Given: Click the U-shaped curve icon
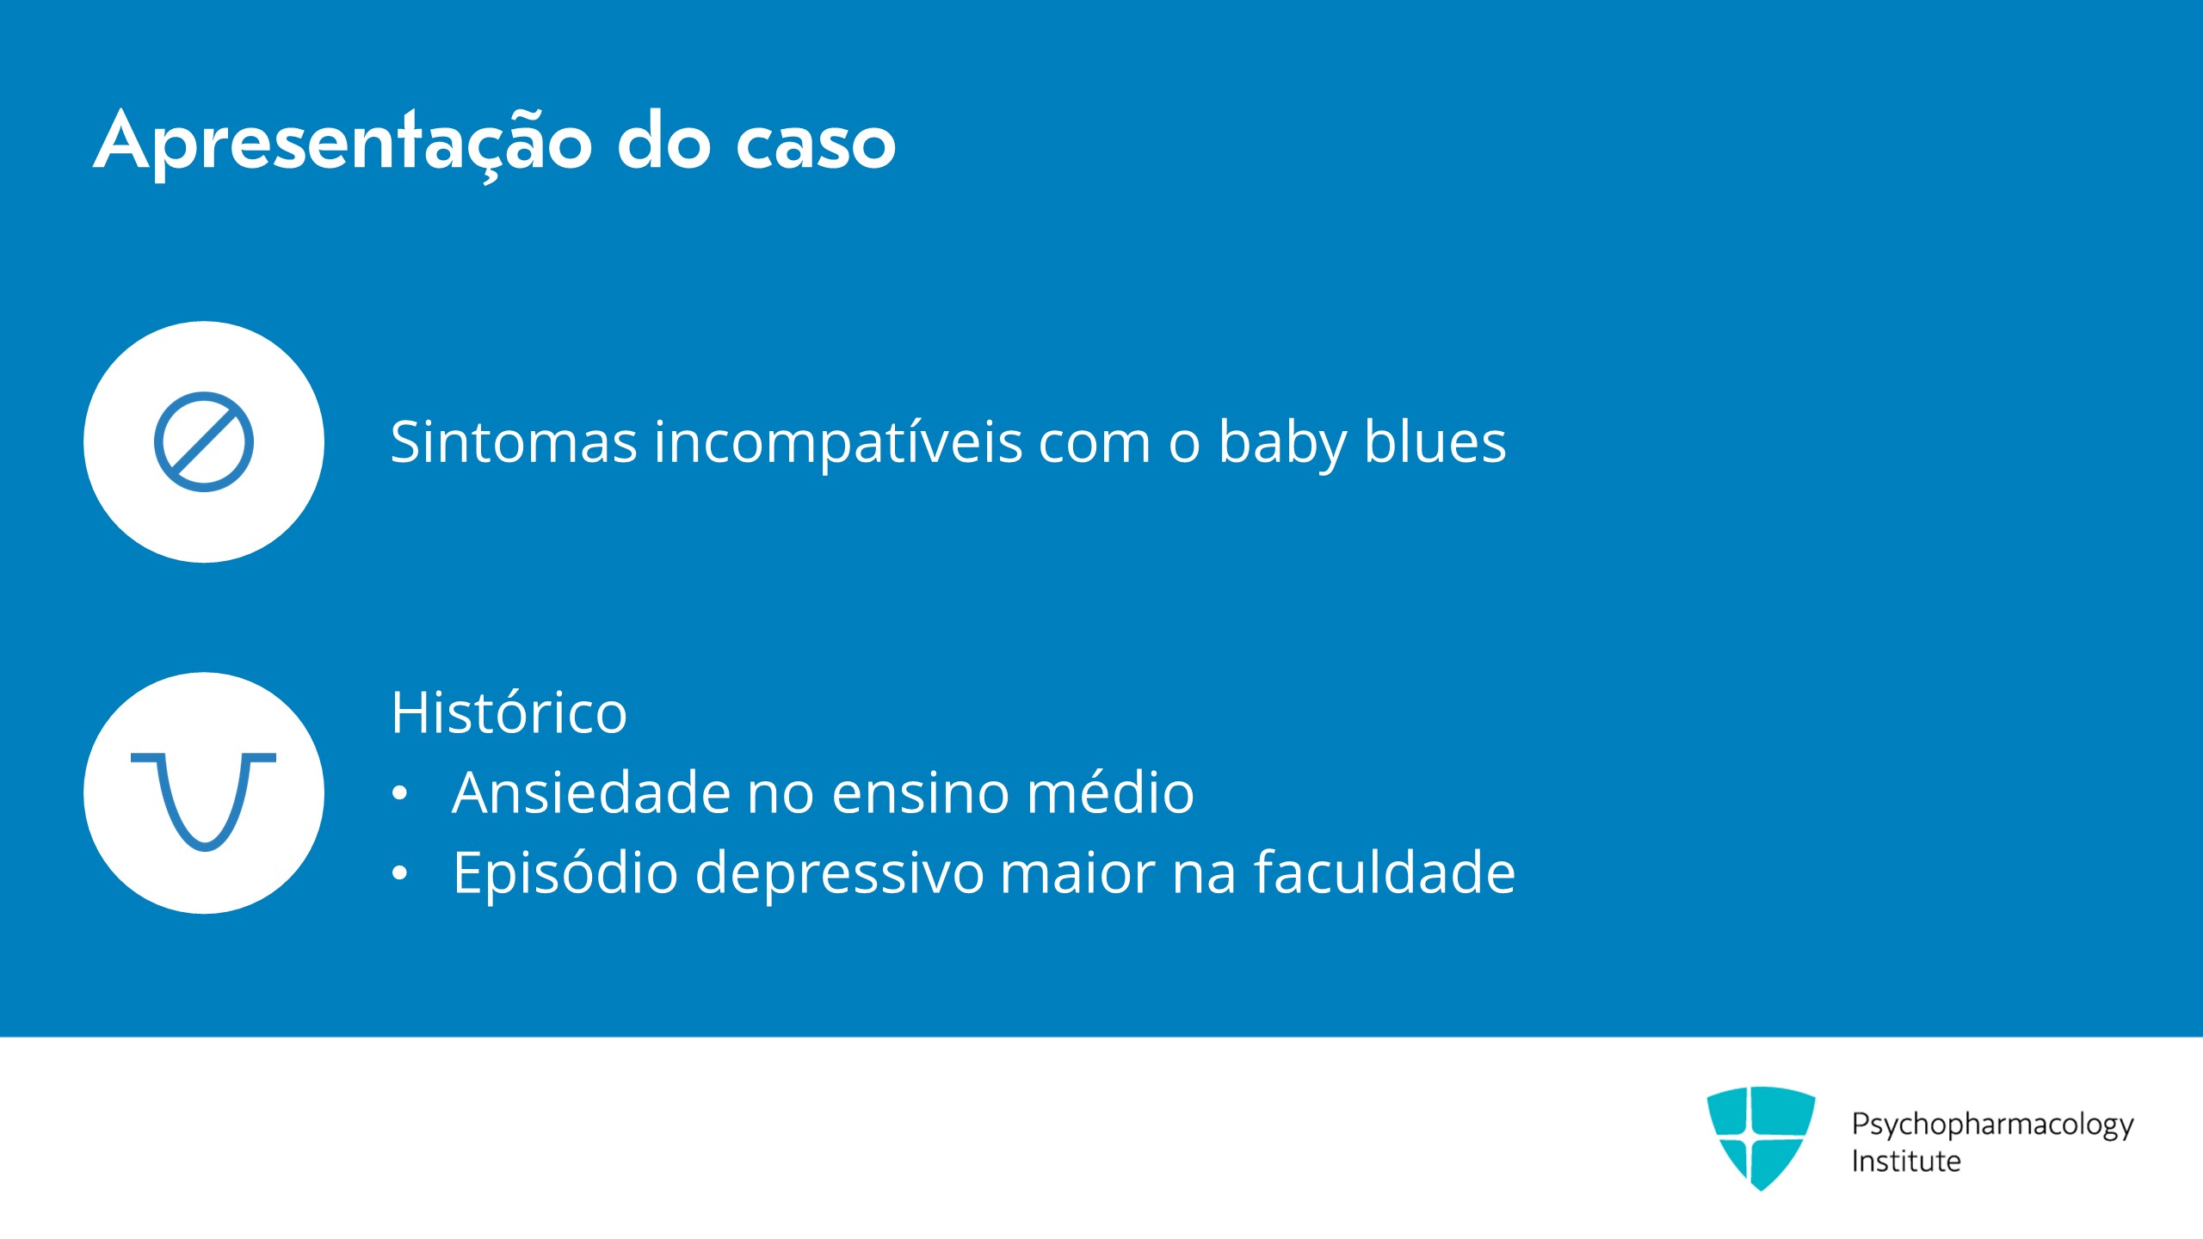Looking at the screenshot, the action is click(x=204, y=801).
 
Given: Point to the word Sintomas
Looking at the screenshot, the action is click(x=514, y=442).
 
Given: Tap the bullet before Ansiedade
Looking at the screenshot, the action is click(x=399, y=793).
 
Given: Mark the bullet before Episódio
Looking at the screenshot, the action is click(x=399, y=874).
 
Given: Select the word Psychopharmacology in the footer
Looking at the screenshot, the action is click(x=1993, y=1125).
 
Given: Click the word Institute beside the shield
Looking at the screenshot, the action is click(x=1906, y=1161).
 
